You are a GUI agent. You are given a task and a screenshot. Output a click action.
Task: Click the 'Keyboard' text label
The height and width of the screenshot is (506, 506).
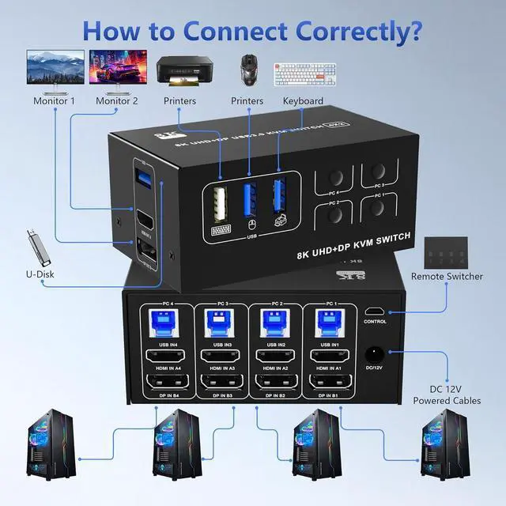pyautogui.click(x=303, y=101)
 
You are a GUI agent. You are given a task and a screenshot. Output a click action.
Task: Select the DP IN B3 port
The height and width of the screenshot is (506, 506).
pyautogui.click(x=216, y=386)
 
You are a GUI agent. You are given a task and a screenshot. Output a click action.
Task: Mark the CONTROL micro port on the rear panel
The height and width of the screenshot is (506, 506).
pyautogui.click(x=374, y=311)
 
